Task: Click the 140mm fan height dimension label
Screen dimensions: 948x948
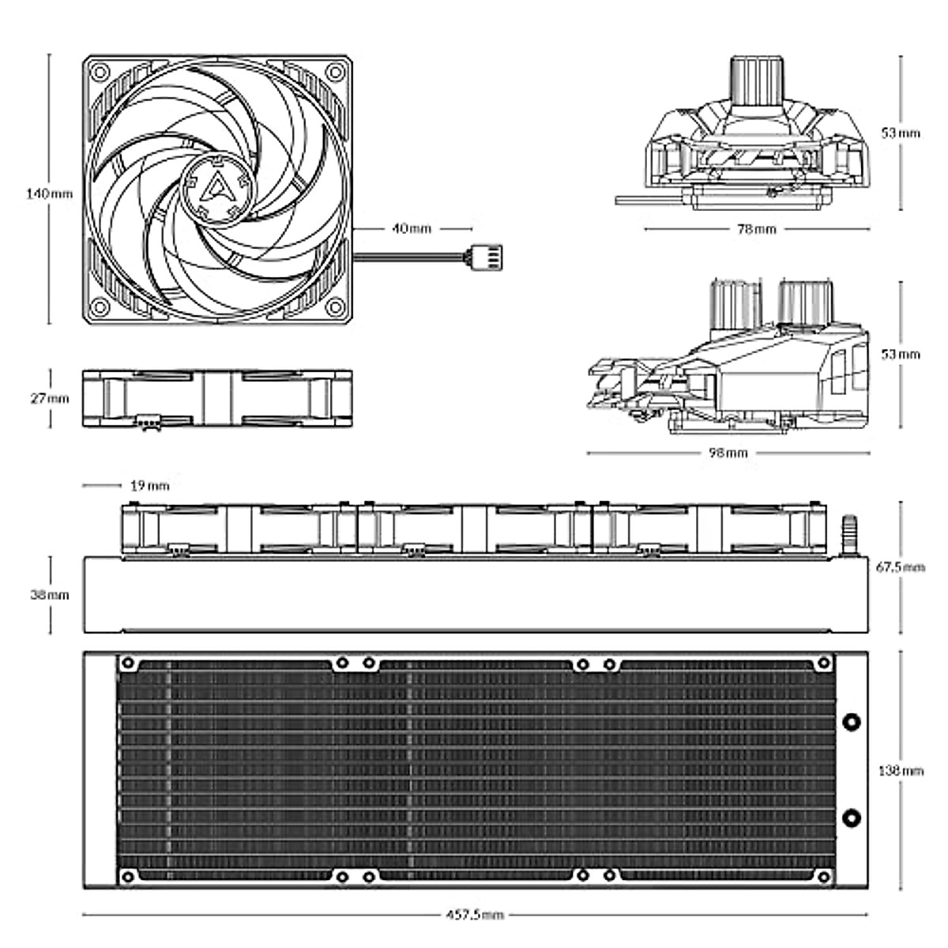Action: coord(49,194)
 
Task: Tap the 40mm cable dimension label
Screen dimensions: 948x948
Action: coord(412,229)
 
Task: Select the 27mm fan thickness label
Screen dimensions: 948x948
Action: coord(49,398)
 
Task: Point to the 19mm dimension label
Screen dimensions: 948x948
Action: coord(149,486)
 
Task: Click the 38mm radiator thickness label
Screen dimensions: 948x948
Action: coord(50,594)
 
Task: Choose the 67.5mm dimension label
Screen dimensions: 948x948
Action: coord(900,566)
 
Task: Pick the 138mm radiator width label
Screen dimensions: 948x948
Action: coord(901,770)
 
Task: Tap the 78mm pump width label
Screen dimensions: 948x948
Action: coord(756,230)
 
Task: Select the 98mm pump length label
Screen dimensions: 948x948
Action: coord(728,453)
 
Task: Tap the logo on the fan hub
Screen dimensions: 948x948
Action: coord(216,188)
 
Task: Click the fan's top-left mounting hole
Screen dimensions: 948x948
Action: coord(100,71)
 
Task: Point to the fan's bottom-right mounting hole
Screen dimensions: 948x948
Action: coord(335,307)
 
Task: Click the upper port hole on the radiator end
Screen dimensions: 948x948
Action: coord(852,722)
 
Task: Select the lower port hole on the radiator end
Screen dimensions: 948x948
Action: coord(852,817)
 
